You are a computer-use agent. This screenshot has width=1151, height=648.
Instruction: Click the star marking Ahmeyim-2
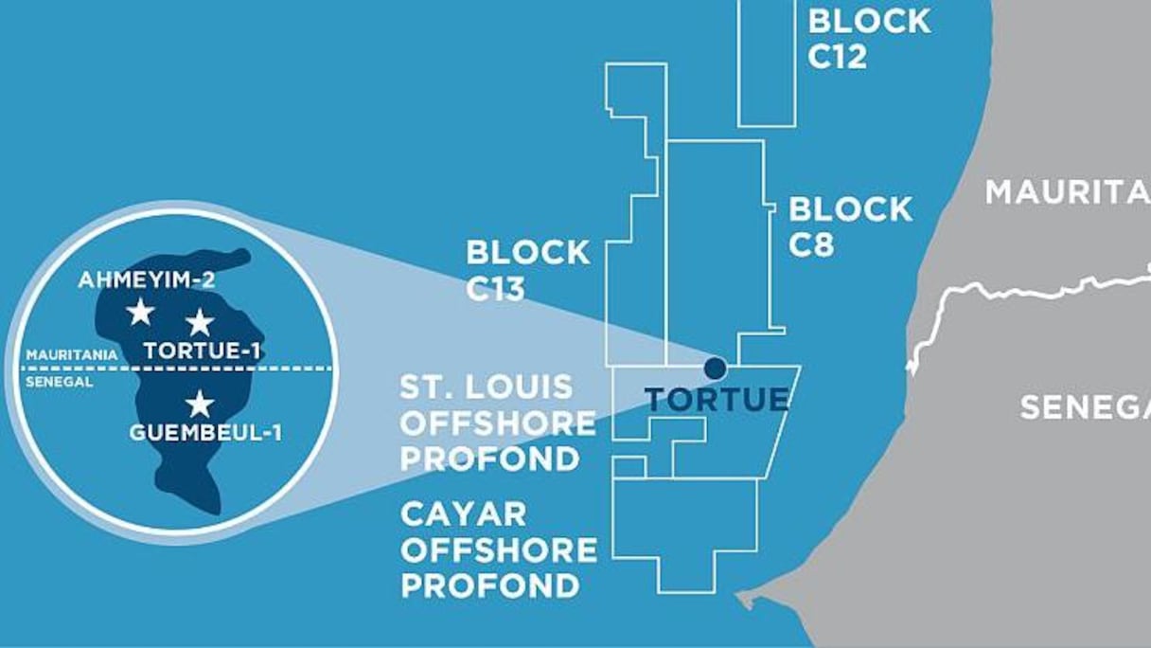[x=140, y=311]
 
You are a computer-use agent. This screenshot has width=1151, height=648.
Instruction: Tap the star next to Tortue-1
[x=200, y=322]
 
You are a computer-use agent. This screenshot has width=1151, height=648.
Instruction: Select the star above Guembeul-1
[x=199, y=405]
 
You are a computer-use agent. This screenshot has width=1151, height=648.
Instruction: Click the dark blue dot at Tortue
[x=715, y=368]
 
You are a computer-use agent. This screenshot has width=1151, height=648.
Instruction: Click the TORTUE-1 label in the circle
[x=202, y=351]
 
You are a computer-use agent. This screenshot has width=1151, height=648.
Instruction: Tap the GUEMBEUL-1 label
[x=205, y=434]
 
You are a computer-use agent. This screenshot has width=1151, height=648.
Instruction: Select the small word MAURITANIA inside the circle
[x=72, y=354]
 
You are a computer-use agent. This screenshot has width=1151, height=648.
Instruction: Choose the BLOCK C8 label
[x=850, y=226]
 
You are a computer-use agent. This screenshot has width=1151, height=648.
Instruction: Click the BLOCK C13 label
[x=527, y=270]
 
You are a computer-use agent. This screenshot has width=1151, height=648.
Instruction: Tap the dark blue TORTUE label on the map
[x=717, y=399]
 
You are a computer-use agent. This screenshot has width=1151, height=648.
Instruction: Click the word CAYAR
[x=450, y=514]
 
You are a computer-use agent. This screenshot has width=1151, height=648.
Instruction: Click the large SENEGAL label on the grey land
[x=1084, y=407]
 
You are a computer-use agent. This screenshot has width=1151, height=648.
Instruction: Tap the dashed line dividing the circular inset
[x=284, y=368]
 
